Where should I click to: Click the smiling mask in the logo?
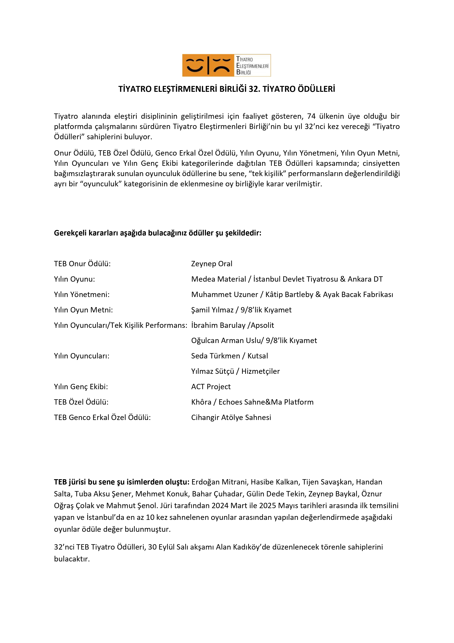click(195, 65)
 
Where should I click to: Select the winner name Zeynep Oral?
click(212, 264)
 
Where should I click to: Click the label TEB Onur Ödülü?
click(82, 264)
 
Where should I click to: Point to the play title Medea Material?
click(218, 279)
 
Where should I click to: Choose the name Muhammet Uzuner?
click(224, 295)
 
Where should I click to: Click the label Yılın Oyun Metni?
click(83, 310)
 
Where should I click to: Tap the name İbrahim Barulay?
click(218, 325)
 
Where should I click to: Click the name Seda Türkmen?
click(215, 356)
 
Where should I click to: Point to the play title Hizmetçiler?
click(260, 371)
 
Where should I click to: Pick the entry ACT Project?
click(211, 387)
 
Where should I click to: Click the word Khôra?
click(201, 402)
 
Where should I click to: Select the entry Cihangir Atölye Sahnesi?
click(231, 418)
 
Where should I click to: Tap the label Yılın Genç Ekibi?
click(81, 387)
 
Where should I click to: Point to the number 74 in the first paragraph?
click(311, 116)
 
